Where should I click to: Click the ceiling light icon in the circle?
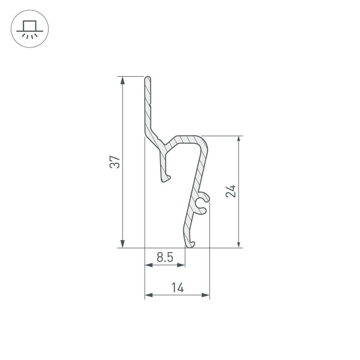point(29,29)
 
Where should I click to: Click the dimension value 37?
point(115,161)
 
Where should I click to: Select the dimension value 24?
point(232,191)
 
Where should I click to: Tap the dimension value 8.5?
point(165,257)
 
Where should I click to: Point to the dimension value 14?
point(177,287)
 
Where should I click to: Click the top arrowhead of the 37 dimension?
point(122,80)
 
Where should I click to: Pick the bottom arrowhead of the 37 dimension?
point(122,243)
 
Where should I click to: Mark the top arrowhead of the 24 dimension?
point(239,140)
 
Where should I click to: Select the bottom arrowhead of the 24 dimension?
point(239,243)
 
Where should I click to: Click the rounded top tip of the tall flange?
point(148,79)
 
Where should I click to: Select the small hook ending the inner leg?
point(167,177)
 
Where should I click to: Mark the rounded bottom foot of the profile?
point(191,242)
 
